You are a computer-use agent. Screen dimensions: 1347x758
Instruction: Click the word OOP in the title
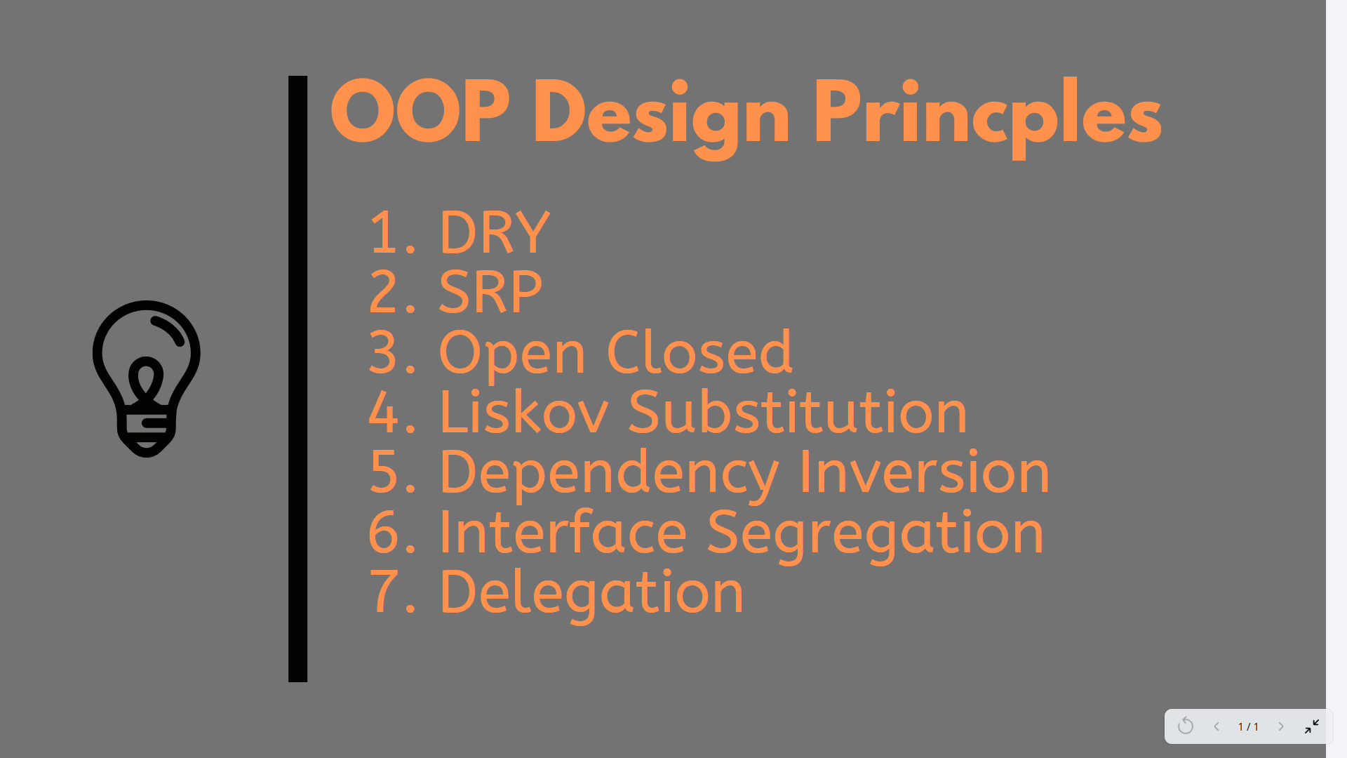420,112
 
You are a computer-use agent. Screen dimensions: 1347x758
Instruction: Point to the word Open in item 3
512,354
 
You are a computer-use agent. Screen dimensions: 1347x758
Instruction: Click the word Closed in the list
699,351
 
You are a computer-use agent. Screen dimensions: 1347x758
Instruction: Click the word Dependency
608,474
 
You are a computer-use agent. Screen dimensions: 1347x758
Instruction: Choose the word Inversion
924,472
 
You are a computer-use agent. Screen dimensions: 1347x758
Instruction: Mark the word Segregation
876,535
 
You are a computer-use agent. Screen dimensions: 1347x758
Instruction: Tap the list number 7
385,592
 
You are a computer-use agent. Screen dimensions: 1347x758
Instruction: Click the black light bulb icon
147,378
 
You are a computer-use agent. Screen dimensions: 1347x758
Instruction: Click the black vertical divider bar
297,379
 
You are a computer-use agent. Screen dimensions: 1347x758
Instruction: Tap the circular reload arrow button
1186,726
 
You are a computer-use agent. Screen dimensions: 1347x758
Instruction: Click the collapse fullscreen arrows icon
1312,726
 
